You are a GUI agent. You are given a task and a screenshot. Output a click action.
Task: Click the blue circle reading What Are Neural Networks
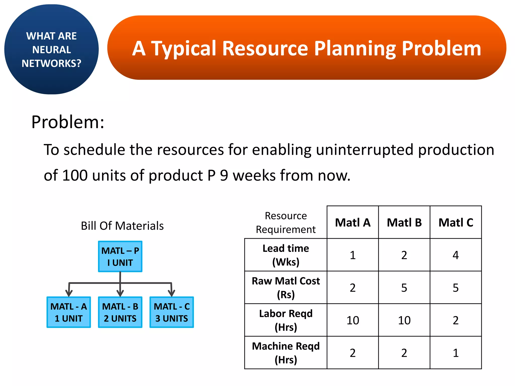[52, 50]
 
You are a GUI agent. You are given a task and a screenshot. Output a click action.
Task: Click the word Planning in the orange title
[355, 48]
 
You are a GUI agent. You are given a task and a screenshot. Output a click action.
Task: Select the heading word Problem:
[68, 122]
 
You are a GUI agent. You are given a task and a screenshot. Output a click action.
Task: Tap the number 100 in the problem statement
[75, 175]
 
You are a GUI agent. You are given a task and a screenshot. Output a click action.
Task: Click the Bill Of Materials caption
[122, 226]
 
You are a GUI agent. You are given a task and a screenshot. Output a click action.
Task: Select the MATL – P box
[120, 257]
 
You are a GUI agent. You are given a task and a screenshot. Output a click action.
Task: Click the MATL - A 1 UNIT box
[69, 312]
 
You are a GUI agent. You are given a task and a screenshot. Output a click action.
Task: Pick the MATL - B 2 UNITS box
[120, 312]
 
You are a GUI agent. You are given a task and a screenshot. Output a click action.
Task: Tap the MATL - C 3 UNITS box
[172, 312]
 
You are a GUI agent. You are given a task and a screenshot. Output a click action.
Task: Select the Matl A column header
[353, 222]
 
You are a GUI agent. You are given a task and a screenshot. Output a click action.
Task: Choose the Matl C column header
[456, 222]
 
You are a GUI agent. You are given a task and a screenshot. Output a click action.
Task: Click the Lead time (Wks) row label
[286, 255]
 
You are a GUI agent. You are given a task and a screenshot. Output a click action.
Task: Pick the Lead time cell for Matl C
[456, 255]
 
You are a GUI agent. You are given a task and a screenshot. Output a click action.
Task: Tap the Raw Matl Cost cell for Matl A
[353, 288]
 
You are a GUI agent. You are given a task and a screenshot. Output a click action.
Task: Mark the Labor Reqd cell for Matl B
[404, 320]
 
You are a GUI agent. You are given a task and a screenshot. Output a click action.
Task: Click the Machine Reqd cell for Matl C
[456, 353]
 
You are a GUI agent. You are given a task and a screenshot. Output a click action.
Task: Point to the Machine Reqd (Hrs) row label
[286, 353]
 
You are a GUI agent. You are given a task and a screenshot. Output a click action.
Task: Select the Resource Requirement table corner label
[286, 222]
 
